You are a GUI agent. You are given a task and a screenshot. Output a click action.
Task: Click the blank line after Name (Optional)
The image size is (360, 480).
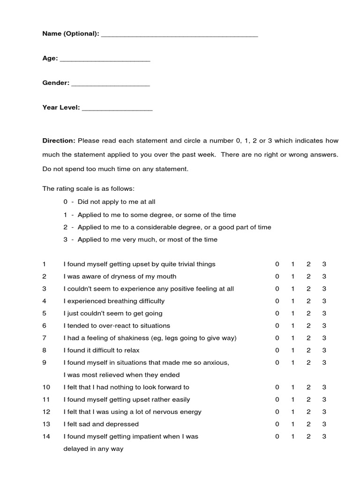point(179,35)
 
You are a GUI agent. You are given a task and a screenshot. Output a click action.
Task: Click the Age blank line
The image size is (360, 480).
point(105,60)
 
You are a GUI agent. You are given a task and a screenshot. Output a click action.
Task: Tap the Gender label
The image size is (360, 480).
point(56,83)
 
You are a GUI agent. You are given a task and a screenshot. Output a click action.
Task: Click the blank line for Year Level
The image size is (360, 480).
point(117,109)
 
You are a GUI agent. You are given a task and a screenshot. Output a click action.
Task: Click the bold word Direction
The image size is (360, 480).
point(59,141)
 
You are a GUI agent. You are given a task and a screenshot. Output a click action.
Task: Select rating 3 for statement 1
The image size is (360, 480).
point(324,264)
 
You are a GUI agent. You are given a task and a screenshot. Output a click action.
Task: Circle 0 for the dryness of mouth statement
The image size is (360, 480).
point(277,277)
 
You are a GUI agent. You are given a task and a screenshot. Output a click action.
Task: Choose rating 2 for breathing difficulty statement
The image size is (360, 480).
point(308,301)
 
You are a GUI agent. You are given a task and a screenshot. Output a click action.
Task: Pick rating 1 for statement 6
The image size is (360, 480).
point(293,326)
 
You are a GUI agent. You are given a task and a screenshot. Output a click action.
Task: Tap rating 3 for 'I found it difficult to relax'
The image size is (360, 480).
point(324,350)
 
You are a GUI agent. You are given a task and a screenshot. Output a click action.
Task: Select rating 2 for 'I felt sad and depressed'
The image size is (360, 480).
point(308,424)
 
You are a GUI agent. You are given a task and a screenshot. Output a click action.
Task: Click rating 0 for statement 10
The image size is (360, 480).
point(277,387)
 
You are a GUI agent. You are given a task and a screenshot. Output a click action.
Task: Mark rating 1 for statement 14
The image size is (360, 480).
point(293,436)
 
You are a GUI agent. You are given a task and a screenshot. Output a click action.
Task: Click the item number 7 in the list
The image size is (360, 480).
point(44,338)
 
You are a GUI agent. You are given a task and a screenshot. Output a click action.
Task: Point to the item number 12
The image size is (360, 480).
point(46,412)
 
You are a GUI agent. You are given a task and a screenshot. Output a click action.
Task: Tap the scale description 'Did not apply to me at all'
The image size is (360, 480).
point(116,202)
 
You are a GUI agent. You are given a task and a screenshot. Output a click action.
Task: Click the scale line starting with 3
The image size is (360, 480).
point(141,240)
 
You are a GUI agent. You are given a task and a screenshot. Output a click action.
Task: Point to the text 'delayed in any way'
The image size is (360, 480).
point(93,449)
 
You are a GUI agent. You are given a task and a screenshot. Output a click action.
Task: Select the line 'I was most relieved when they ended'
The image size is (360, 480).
point(121,375)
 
